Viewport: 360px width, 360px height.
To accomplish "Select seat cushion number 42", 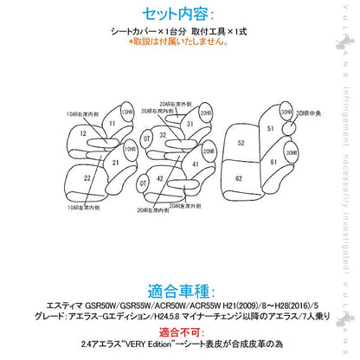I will tap(162, 178).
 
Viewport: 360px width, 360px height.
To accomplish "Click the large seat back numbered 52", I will tap(241, 142).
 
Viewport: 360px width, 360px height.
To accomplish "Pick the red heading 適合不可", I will tap(179, 331).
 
